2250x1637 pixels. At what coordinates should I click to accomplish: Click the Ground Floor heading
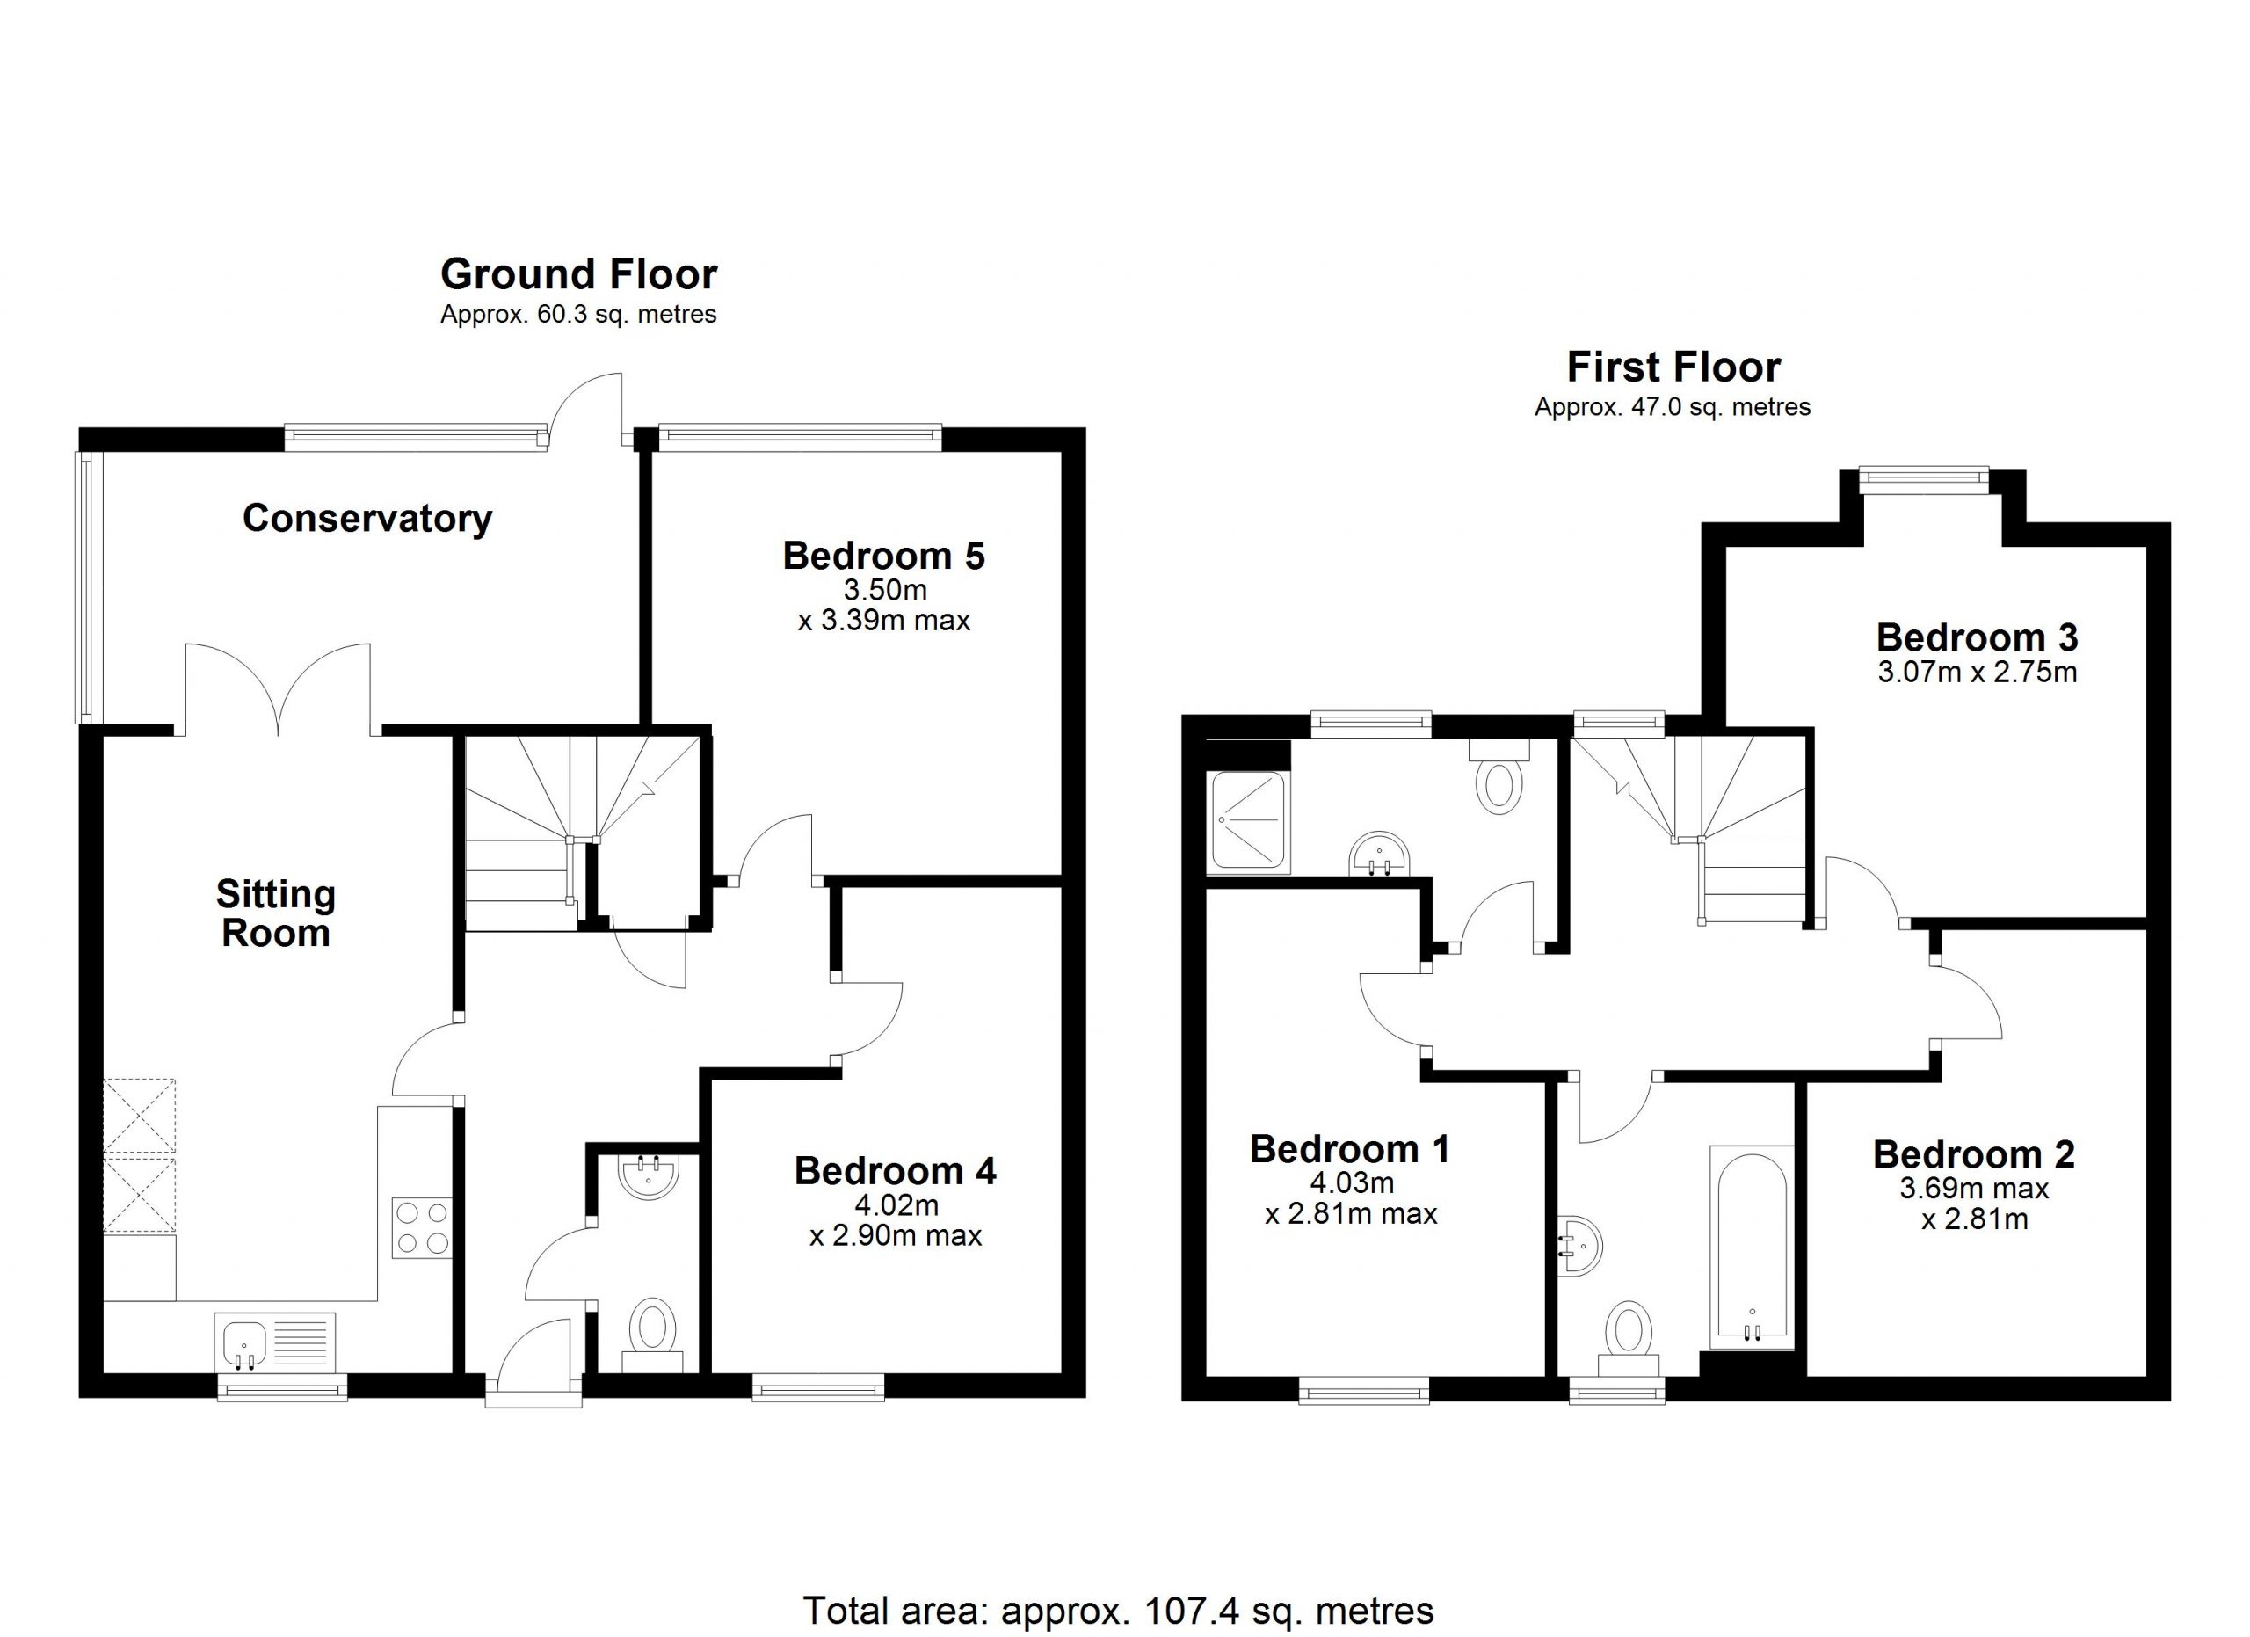[578, 273]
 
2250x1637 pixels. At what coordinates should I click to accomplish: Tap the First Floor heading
[1673, 367]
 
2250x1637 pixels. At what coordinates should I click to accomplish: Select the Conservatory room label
[367, 518]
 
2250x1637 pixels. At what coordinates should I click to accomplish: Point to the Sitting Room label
[276, 913]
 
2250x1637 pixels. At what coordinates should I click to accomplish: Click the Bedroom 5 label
[884, 556]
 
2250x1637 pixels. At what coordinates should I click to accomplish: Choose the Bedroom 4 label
[895, 1171]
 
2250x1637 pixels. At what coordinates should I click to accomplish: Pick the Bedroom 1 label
[1349, 1149]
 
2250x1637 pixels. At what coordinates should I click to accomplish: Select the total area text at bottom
[1118, 1611]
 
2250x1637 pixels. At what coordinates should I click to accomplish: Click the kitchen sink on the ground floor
[276, 1342]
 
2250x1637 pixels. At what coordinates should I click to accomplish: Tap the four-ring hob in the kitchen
[422, 1228]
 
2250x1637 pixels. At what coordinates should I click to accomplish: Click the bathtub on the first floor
[1752, 1248]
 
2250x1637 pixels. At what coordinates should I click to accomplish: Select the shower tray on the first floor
[1248, 821]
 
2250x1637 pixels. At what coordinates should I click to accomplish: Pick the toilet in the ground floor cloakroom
[652, 1334]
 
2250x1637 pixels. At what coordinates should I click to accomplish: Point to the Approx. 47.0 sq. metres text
[1673, 407]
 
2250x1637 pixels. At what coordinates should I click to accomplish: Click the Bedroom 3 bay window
[1925, 480]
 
